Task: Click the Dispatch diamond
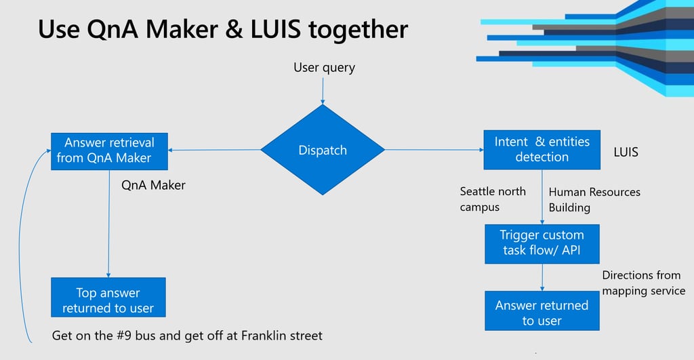tap(323, 150)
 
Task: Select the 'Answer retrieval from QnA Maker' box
tap(109, 151)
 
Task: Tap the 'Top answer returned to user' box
tap(108, 297)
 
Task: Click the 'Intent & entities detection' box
tap(542, 150)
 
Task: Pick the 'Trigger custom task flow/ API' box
tap(542, 244)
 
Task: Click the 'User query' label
tap(325, 68)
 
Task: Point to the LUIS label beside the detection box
tap(626, 153)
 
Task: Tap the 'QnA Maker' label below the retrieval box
tap(153, 185)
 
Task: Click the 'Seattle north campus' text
tap(493, 199)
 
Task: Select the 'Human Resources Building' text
tap(594, 200)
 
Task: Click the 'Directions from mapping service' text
tap(644, 283)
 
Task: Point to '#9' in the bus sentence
tap(125, 336)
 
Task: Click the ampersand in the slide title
tap(234, 29)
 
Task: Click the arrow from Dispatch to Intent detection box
tap(434, 150)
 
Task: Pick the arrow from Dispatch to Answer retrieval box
tap(214, 150)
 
